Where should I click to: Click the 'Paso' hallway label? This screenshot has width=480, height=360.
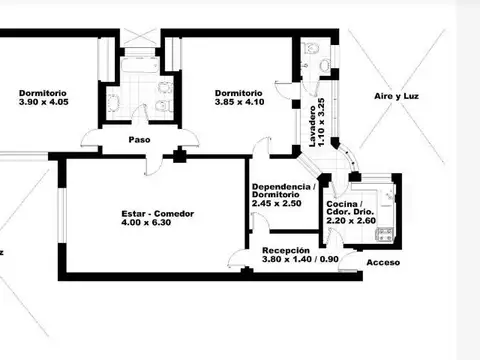point(139,140)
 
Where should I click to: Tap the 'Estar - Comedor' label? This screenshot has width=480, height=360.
point(157,214)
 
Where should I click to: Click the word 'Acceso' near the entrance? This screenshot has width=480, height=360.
point(383,262)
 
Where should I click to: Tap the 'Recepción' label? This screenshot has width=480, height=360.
point(285,250)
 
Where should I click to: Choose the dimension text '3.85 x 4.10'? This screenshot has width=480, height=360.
point(237,103)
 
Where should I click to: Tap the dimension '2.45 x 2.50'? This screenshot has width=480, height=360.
point(276,205)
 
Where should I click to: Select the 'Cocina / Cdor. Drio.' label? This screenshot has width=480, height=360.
point(347,209)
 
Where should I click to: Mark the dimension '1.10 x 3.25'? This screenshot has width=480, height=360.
point(323,125)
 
